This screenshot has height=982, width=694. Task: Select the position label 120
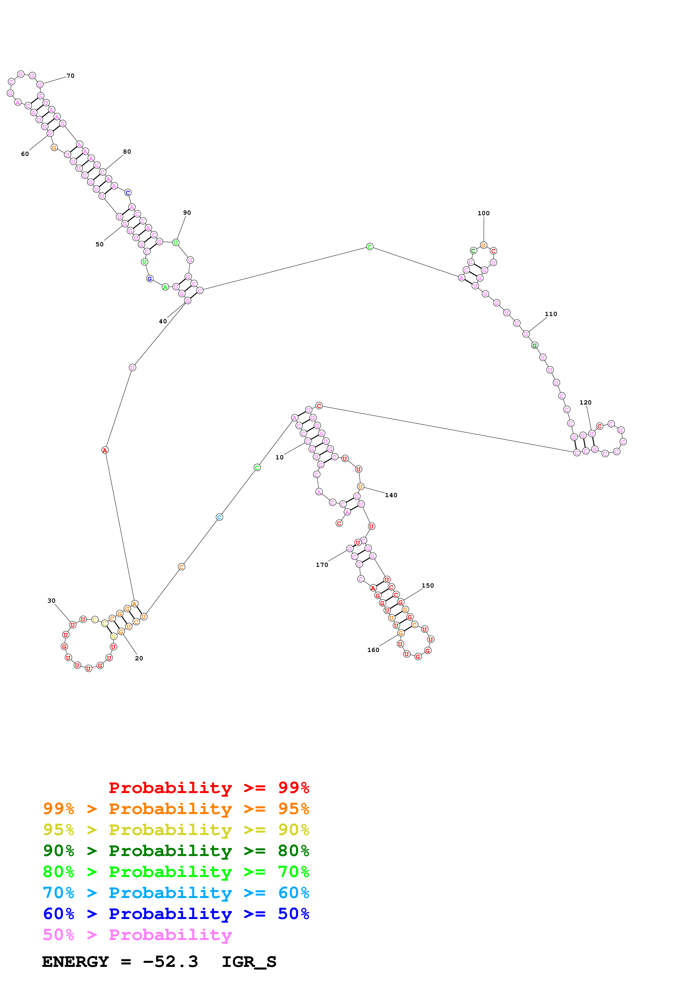(x=585, y=403)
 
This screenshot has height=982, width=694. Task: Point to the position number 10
(x=279, y=457)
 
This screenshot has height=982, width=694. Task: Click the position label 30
(x=51, y=600)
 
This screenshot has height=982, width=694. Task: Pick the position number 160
(x=373, y=650)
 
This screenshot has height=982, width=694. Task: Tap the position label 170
(x=322, y=565)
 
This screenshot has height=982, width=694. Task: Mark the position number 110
(x=550, y=314)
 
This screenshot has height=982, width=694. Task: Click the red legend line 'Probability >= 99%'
(x=209, y=787)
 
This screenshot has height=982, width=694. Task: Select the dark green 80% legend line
(x=176, y=851)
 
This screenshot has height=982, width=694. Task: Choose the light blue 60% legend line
(x=176, y=893)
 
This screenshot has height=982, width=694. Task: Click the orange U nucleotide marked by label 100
(x=483, y=245)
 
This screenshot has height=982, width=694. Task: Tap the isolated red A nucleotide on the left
(x=105, y=450)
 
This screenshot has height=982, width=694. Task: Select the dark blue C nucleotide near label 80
(x=128, y=193)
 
